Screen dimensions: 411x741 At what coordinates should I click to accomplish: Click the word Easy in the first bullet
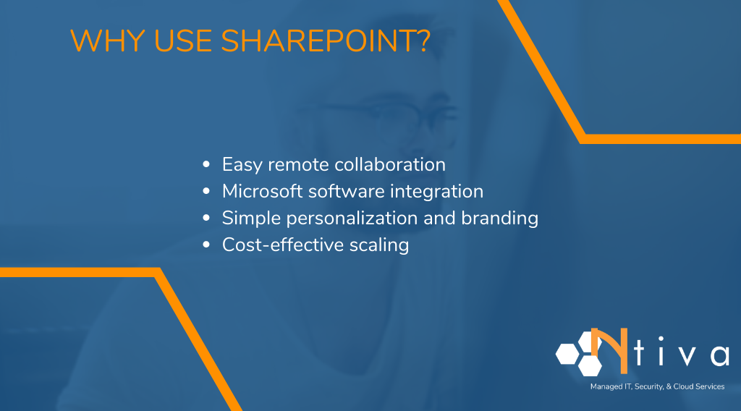coord(242,165)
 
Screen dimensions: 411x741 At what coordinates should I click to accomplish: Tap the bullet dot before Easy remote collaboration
coord(207,166)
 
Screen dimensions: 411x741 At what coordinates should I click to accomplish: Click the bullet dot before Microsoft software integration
coord(207,192)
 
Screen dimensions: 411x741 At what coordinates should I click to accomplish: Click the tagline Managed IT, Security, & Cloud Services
coord(657,387)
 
